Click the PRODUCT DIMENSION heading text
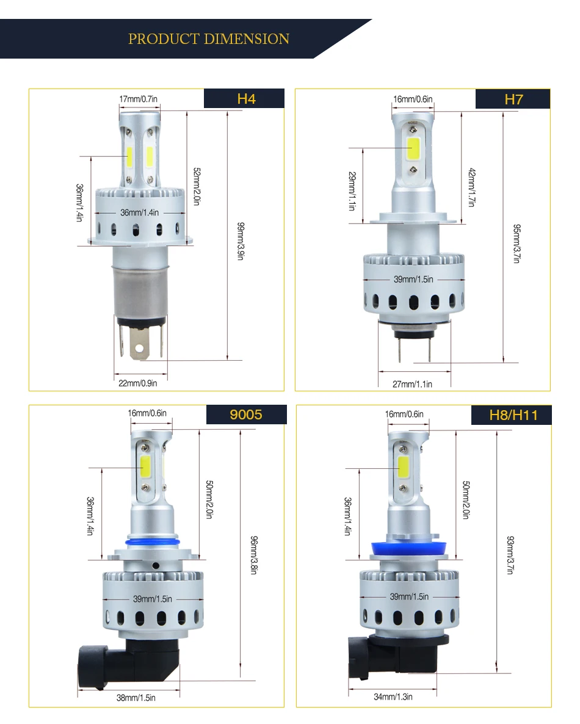tap(209, 39)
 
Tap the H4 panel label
tap(246, 99)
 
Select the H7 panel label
tap(513, 100)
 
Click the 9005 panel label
tap(246, 414)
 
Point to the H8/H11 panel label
tap(513, 415)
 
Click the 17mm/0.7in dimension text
tap(139, 99)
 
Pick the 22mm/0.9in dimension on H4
tap(137, 383)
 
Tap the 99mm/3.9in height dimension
tap(241, 241)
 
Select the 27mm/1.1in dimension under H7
tap(412, 384)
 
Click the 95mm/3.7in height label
tap(517, 244)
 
